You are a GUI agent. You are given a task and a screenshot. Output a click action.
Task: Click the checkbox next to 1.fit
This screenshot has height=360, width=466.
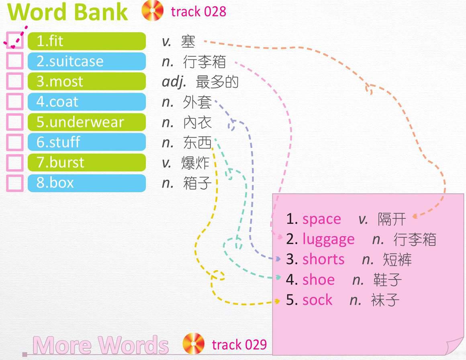click(15, 41)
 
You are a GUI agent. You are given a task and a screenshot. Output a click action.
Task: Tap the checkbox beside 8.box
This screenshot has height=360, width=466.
click(15, 183)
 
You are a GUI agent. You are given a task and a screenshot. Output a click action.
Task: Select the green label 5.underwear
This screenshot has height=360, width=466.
click(87, 122)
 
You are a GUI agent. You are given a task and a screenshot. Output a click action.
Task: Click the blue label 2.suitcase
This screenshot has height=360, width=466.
click(87, 61)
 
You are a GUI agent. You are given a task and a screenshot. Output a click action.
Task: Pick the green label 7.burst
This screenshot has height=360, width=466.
click(87, 163)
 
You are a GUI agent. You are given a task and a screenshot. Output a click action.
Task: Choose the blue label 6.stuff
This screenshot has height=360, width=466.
click(87, 142)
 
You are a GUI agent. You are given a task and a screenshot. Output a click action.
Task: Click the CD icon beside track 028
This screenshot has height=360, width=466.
click(153, 10)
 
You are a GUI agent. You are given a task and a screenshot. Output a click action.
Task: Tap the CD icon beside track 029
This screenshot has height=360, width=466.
click(194, 344)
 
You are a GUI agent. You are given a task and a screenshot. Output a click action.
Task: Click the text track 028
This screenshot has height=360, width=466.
click(198, 12)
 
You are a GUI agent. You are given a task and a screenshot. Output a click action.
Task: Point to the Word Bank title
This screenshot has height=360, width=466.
click(67, 12)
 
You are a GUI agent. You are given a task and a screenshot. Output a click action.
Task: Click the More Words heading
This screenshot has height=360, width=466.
click(101, 345)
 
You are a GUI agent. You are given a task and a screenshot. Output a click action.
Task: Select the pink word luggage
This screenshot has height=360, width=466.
click(328, 239)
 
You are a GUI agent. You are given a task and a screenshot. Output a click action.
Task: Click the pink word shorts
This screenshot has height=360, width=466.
click(323, 259)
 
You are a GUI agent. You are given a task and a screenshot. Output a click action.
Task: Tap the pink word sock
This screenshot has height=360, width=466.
click(317, 300)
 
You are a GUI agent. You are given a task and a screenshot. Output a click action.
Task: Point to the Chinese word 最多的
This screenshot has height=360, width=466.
click(217, 82)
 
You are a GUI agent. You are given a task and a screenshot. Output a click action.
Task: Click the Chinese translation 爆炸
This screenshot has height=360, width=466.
click(195, 163)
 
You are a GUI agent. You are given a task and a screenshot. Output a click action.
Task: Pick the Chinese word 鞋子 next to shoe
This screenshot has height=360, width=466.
click(388, 280)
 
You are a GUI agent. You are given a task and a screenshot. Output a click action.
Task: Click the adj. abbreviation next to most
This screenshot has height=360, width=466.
click(174, 82)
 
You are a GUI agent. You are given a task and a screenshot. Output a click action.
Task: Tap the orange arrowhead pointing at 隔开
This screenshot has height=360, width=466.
click(415, 216)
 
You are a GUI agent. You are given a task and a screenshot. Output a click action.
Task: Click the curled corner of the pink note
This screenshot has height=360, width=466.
click(455, 347)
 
